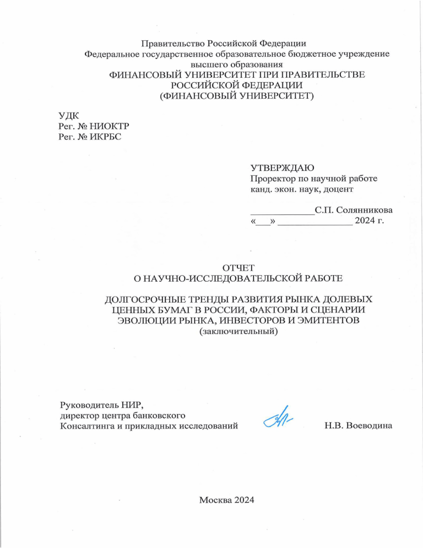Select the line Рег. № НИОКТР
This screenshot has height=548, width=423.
pyautogui.click(x=94, y=126)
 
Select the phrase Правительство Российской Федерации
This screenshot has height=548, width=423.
pyautogui.click(x=224, y=43)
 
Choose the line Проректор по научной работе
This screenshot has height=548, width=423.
pyautogui.click(x=313, y=179)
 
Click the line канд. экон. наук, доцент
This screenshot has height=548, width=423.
pyautogui.click(x=302, y=189)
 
